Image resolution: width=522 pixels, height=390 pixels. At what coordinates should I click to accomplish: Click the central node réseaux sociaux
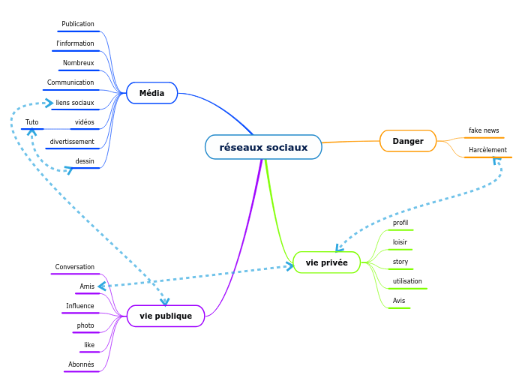point(263,147)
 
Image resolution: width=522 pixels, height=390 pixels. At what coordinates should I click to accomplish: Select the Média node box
point(151,93)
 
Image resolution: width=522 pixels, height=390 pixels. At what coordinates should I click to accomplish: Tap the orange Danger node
point(408,141)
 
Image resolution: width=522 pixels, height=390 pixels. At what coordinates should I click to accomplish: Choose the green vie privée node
point(327,262)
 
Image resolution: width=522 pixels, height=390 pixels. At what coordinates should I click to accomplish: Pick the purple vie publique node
point(166,316)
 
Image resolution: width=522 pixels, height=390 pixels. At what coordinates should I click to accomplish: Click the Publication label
point(78,24)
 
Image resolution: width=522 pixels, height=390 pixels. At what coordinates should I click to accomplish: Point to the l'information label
point(75,43)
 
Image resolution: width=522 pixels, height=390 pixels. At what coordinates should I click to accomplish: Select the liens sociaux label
point(75,102)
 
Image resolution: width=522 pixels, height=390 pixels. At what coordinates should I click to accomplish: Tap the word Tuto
point(32,121)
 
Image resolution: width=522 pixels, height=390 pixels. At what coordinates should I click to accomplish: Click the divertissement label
point(72,141)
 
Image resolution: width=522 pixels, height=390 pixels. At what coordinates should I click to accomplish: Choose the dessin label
point(85,160)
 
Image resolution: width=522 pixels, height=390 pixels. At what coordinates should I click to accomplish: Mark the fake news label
point(484,130)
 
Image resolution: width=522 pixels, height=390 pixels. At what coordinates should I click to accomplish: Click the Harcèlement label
point(487,150)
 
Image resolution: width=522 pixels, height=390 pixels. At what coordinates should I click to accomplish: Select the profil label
point(400,223)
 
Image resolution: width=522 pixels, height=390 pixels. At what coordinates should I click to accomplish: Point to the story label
point(400,262)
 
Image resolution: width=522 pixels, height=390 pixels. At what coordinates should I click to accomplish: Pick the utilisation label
point(407,281)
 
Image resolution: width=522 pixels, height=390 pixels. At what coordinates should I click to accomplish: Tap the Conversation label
point(75,267)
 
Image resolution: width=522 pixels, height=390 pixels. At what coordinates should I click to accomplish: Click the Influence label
point(80,306)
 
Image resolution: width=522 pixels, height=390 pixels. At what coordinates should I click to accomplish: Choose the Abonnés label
point(81,364)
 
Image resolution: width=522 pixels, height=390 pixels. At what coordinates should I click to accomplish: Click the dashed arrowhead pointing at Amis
point(103,286)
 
